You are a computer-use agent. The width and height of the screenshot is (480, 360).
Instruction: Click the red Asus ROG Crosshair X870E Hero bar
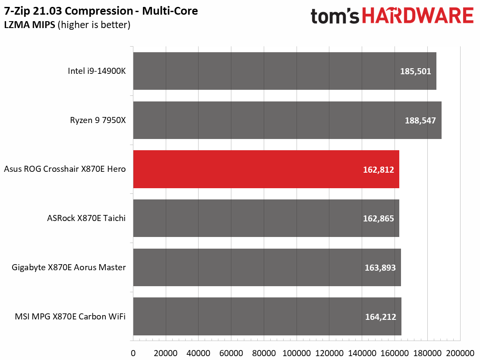[266, 169]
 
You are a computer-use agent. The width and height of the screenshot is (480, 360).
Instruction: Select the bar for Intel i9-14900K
[284, 71]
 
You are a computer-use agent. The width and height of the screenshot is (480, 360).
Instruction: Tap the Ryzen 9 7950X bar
[287, 120]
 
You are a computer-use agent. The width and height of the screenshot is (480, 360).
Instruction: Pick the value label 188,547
[420, 120]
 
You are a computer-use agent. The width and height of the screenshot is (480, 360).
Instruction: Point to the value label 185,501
[415, 71]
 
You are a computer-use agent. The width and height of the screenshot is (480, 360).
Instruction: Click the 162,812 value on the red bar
[379, 170]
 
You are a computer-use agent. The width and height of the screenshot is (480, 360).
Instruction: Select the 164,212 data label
[380, 317]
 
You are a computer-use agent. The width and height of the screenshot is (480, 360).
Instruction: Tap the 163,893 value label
[380, 268]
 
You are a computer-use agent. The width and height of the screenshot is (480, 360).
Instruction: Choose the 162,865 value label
[379, 218]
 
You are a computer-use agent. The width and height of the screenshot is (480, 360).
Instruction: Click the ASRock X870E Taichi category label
[86, 218]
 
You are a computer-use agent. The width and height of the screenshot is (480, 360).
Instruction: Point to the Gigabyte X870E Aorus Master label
[69, 268]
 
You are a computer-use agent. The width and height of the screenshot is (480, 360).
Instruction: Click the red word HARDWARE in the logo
[417, 16]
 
